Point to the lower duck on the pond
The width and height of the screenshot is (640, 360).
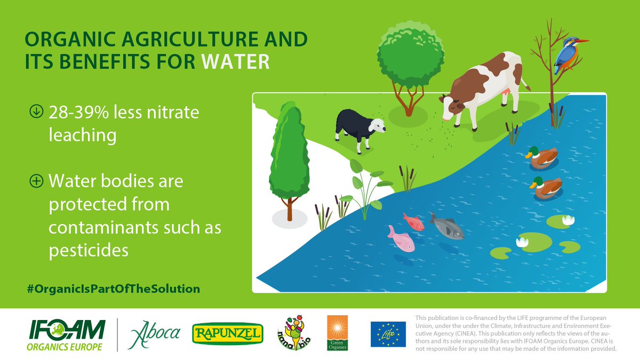pyautogui.click(x=545, y=187)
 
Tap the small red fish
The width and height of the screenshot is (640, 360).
pyautogui.click(x=413, y=221)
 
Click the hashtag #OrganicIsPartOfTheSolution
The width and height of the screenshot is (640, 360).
pyautogui.click(x=114, y=289)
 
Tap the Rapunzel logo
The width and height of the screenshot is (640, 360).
pyautogui.click(x=228, y=334)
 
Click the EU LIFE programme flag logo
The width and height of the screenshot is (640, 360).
pyautogui.click(x=388, y=334)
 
